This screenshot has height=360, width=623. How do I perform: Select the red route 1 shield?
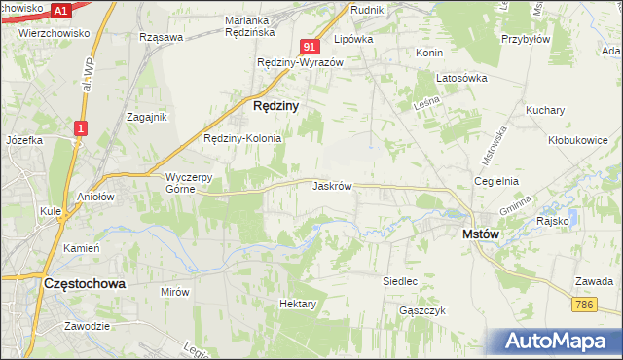[82, 126]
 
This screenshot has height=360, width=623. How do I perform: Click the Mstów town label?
[481, 234]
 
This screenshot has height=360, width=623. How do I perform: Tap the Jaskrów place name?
[332, 185]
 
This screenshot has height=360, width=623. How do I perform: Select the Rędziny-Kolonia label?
[242, 138]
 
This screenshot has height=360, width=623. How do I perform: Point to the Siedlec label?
[400, 281]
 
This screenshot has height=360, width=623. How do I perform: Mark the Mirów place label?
[174, 291]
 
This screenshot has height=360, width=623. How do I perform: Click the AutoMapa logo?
[560, 342]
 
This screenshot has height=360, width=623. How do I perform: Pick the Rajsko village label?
[552, 221]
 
